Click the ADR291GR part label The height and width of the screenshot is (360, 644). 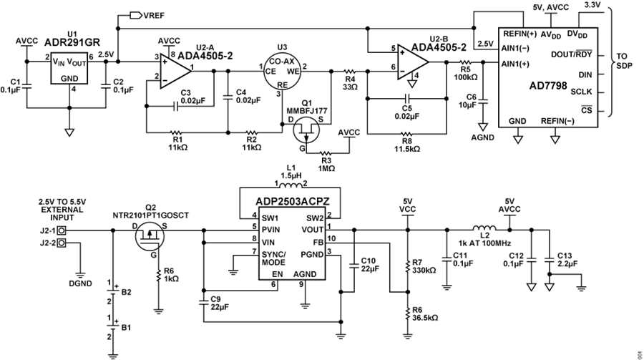click(72, 42)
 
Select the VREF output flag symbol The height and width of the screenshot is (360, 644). click(135, 16)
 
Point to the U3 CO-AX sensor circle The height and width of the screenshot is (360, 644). click(282, 70)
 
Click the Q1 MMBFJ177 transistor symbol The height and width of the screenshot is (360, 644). click(306, 130)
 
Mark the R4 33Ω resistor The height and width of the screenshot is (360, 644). click(349, 71)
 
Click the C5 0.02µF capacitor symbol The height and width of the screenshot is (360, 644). click(407, 98)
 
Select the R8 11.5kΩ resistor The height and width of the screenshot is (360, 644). click(406, 134)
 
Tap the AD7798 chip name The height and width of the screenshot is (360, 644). click(548, 86)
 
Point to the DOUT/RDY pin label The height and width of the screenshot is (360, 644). click(571, 54)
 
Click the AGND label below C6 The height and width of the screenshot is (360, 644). click(482, 137)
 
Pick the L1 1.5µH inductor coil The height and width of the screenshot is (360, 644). click(291, 185)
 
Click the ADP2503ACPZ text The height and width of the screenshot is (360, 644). click(293, 201)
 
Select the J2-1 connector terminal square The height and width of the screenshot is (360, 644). click(62, 230)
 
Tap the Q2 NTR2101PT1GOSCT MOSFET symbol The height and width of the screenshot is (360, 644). click(150, 236)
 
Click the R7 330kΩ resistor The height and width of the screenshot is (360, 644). click(407, 266)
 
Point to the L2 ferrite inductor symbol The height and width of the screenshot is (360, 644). click(484, 228)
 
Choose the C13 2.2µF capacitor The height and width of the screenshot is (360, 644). click(549, 260)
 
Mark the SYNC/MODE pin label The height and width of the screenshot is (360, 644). click(273, 258)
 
